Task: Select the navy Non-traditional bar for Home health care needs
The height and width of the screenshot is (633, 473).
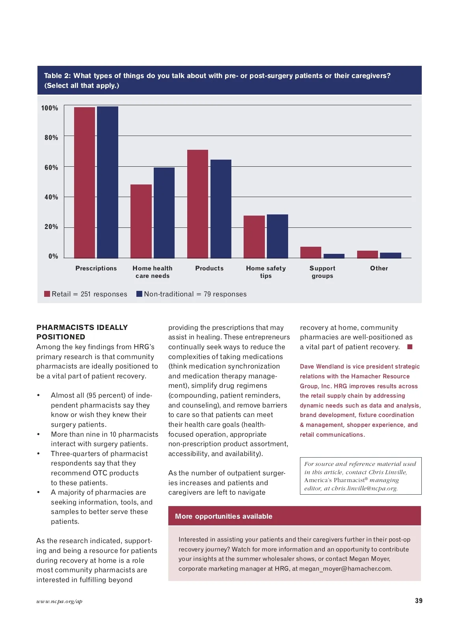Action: tap(164, 213)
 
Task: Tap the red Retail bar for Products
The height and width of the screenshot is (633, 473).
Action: tap(197, 204)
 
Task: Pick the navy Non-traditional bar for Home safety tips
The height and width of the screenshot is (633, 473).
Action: tap(277, 236)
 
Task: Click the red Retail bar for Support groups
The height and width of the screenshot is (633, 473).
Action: tap(311, 252)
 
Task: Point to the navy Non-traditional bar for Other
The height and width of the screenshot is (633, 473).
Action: tap(390, 255)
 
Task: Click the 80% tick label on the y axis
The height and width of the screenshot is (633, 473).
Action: tap(51, 138)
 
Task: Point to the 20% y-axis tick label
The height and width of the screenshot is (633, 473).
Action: tap(51, 227)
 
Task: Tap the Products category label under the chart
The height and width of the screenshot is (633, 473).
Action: tap(209, 268)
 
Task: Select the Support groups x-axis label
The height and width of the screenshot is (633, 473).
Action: tap(322, 272)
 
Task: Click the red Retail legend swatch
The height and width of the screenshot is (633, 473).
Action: tap(47, 294)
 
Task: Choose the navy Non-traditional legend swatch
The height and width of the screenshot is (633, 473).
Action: tap(139, 294)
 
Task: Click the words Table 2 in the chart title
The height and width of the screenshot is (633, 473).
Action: tap(57, 76)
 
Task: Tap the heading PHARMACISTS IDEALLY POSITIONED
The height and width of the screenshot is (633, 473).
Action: tap(82, 332)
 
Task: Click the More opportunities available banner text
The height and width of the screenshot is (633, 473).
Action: tap(223, 516)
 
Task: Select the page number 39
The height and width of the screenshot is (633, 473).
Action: tap(419, 601)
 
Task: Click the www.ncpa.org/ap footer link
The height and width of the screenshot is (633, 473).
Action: tap(59, 601)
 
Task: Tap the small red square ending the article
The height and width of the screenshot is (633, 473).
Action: tap(410, 347)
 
